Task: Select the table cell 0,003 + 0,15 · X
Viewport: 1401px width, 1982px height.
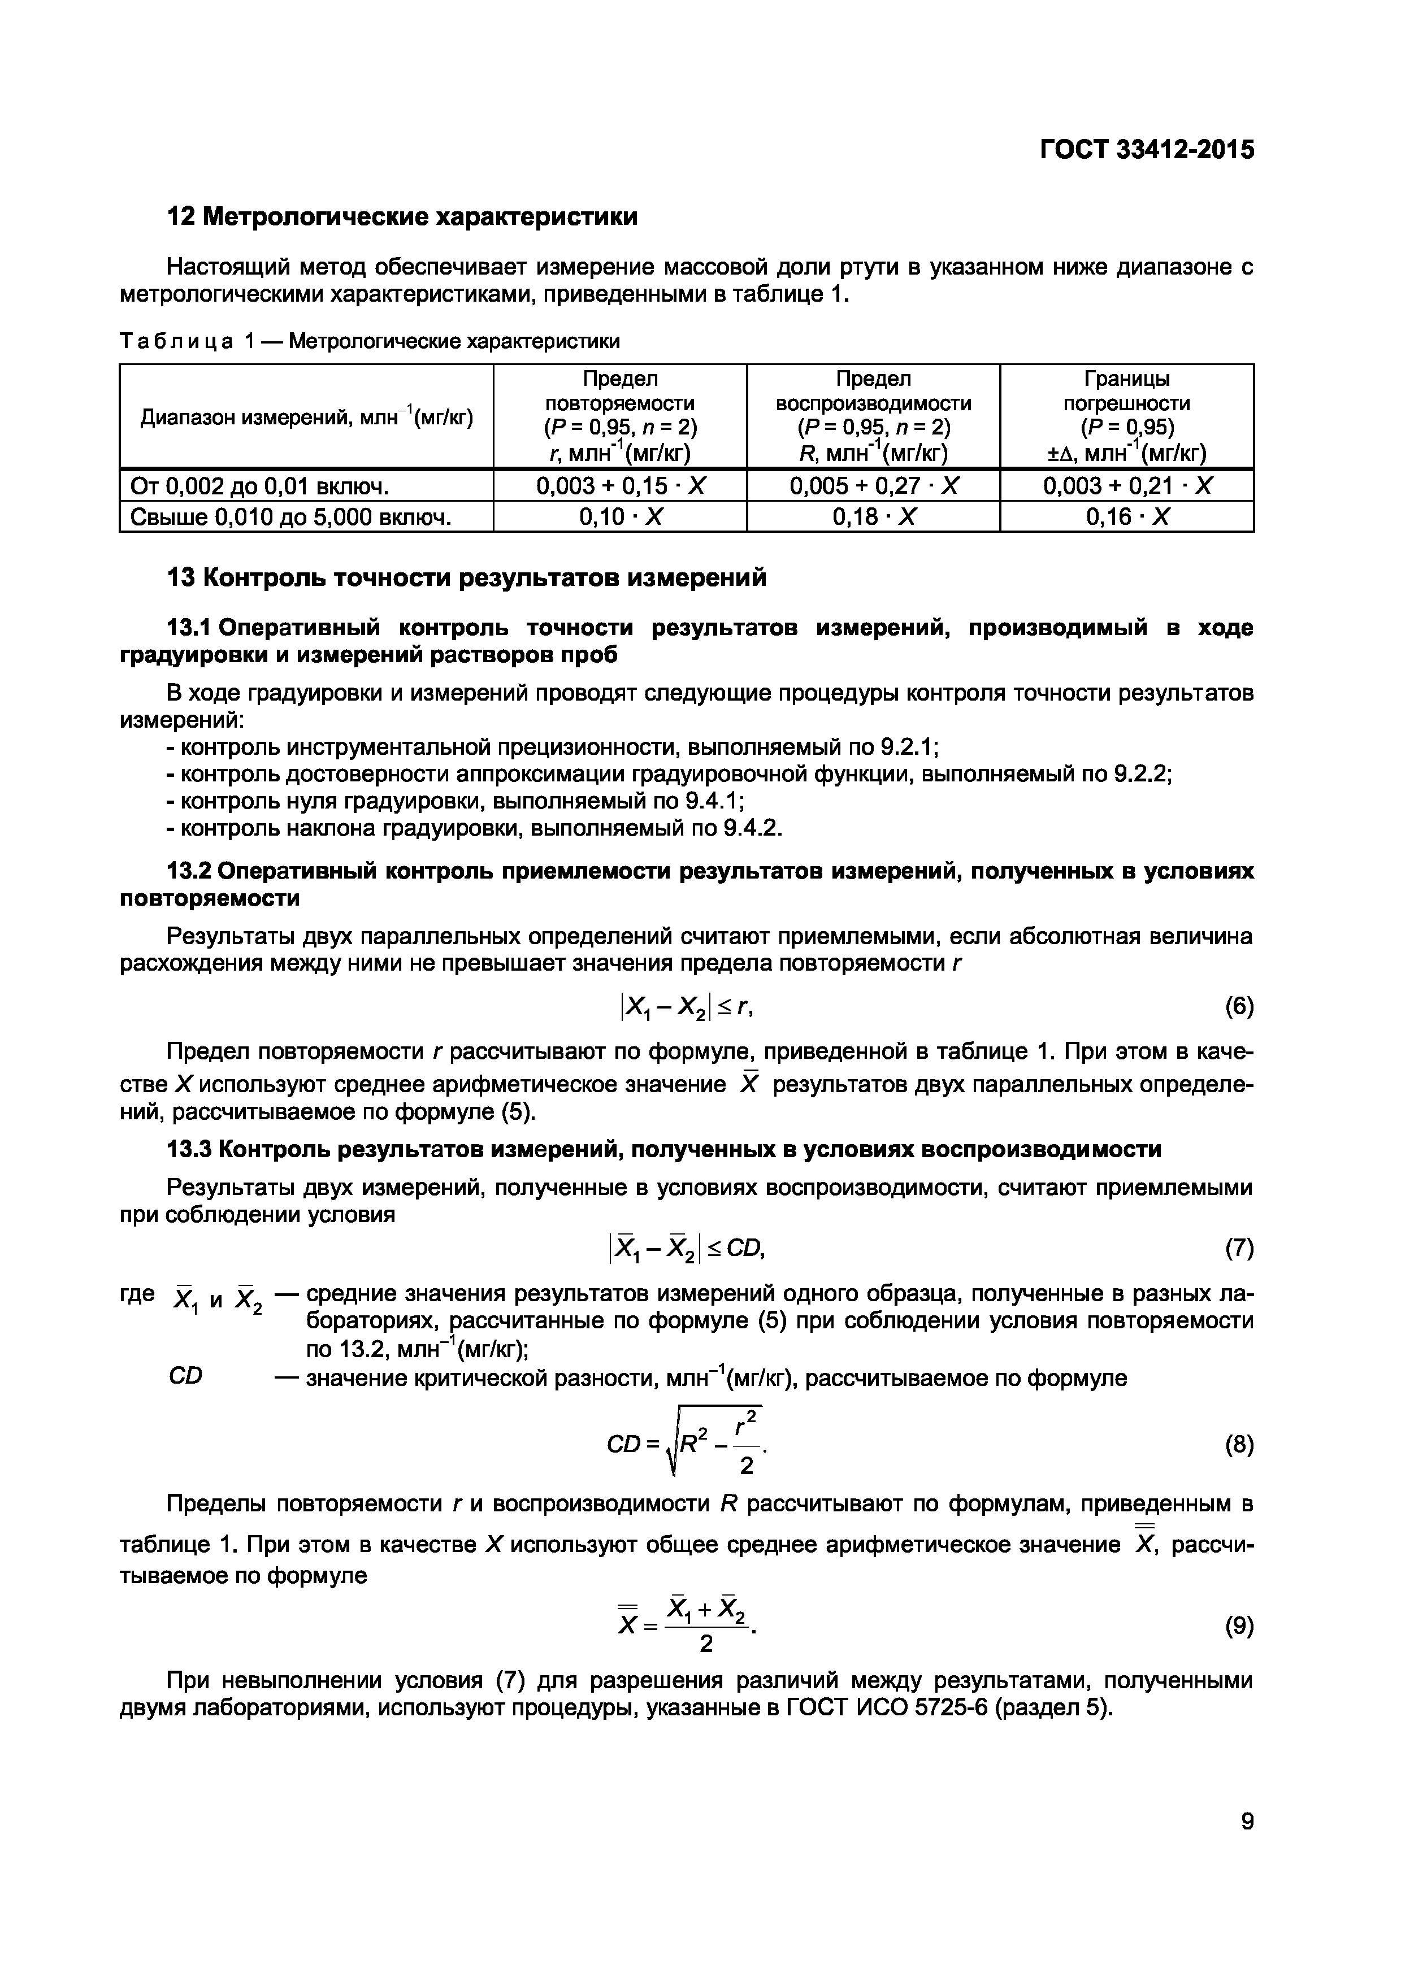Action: point(620,485)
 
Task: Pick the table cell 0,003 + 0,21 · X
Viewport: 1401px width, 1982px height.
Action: point(1126,485)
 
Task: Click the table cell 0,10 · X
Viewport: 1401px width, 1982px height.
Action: point(620,517)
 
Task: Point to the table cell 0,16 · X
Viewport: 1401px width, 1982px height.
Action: point(1126,517)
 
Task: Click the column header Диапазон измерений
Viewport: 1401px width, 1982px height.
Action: point(306,418)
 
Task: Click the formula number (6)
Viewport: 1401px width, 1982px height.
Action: point(1239,1007)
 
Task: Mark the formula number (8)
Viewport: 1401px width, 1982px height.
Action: point(1239,1445)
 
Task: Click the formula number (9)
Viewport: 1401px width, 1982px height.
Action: point(1239,1627)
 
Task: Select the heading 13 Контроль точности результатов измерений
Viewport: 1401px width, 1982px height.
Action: point(466,577)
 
